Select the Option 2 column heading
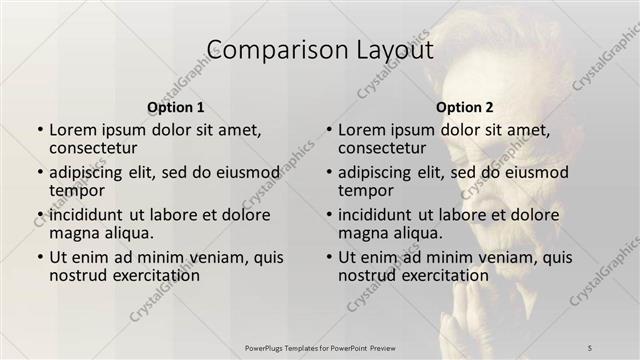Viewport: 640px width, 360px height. tap(464, 106)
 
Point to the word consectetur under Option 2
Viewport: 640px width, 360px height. tap(383, 149)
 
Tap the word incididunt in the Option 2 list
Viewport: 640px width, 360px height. tap(381, 214)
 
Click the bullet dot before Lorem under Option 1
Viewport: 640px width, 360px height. tap(40, 130)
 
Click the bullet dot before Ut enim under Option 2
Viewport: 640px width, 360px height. tap(329, 257)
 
